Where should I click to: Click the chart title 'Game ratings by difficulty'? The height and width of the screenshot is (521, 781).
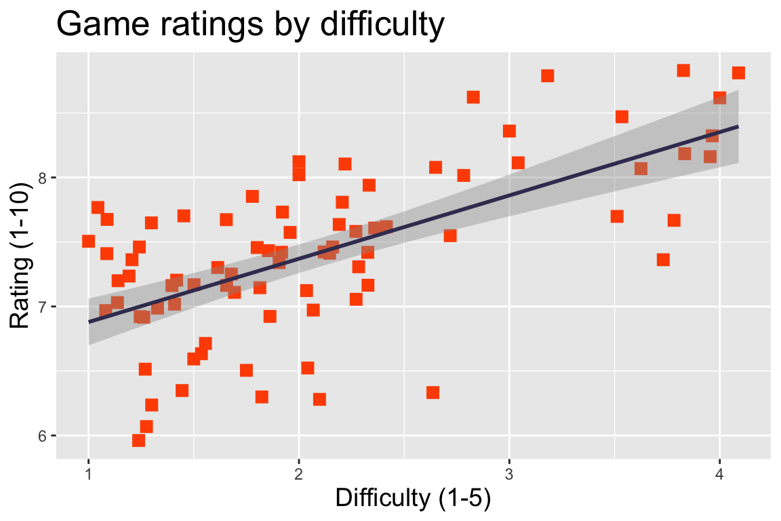click(250, 25)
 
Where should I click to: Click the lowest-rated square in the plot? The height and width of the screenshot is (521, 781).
click(139, 440)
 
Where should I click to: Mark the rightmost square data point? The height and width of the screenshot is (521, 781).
click(738, 73)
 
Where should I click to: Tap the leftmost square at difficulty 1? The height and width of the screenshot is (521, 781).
click(88, 241)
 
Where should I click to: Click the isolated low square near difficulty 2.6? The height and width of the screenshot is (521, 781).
click(433, 393)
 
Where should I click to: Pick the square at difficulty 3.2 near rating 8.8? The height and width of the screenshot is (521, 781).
click(548, 75)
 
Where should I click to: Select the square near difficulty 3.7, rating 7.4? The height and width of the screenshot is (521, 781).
click(663, 260)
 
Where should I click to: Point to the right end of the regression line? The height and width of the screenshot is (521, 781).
click(738, 127)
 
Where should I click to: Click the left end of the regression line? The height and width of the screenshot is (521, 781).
click(89, 322)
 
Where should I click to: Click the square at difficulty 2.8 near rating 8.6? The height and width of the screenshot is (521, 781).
click(473, 97)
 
